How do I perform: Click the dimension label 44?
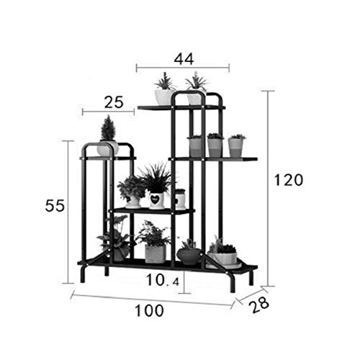click(184, 59)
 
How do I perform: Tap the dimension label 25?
click(114, 102)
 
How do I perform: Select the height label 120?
click(289, 180)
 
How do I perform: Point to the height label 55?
click(55, 206)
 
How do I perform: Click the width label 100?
click(149, 310)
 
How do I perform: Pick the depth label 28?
click(258, 305)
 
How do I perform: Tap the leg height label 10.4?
click(163, 280)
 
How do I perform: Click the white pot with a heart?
click(156, 200)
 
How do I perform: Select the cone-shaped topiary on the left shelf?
click(108, 127)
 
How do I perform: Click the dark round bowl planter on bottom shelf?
click(189, 256)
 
